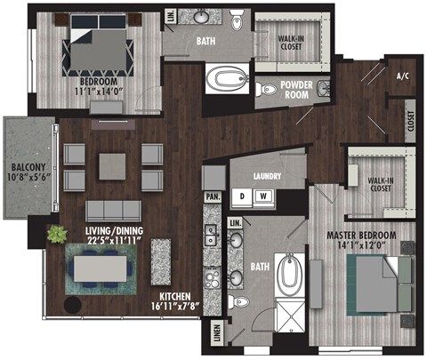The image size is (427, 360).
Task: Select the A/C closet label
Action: pyautogui.click(x=402, y=76)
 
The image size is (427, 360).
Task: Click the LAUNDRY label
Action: pyautogui.click(x=268, y=175)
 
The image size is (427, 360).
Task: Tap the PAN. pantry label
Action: pyautogui.click(x=213, y=195)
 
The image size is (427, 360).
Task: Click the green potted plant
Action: pyautogui.click(x=57, y=235)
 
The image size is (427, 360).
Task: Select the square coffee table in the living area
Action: pyautogui.click(x=113, y=165)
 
